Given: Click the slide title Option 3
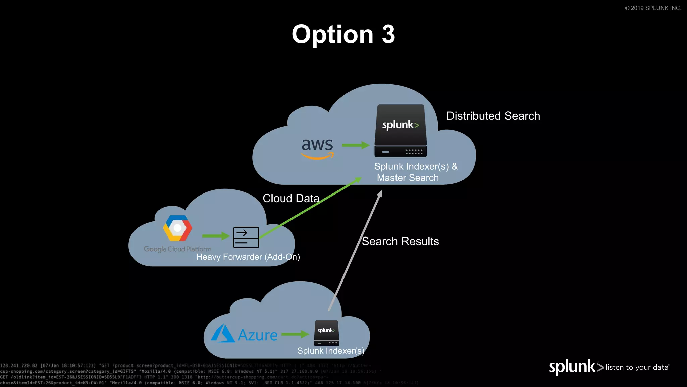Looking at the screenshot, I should point(343,34).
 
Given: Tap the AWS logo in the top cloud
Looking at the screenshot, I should point(317,148).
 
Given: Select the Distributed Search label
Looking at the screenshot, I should point(493,116).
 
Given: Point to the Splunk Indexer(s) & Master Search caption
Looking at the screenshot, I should point(416,172).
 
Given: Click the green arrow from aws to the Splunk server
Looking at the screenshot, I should point(356,145).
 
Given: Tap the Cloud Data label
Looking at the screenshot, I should point(291,198).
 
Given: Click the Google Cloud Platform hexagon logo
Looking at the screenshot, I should point(177,228).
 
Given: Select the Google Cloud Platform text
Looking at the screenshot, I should point(177,249).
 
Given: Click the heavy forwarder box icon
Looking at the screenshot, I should point(246,238).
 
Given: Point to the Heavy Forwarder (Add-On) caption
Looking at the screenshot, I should point(248,257).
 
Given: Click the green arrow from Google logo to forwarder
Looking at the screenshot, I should point(216,236).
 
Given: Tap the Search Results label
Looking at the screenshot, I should point(400,241).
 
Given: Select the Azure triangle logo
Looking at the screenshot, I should point(223,334).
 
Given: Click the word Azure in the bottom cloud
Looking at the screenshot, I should point(258,335).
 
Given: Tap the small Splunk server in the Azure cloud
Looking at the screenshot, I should point(326,333).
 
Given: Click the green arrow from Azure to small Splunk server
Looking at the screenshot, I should point(295,334).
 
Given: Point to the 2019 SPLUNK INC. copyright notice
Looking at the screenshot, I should point(653,8).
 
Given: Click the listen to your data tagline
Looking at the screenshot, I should point(637,368).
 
